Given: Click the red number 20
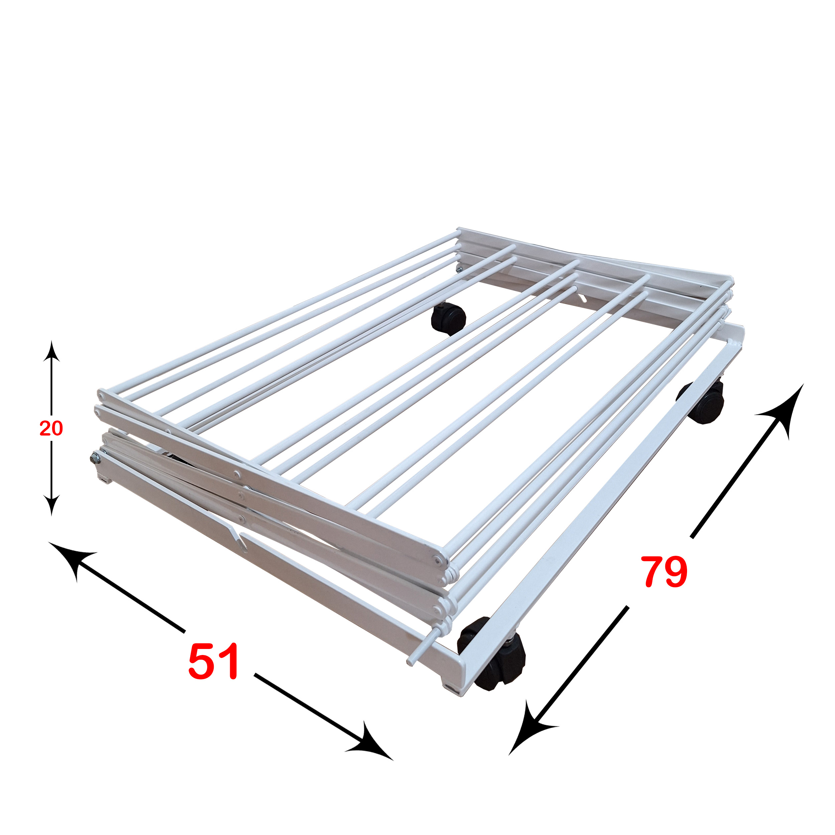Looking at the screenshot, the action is [51, 428].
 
